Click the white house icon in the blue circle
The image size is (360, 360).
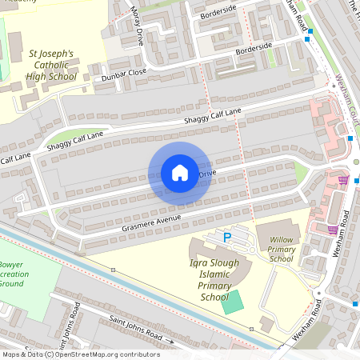[x=179, y=173]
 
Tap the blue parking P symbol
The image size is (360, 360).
[x=226, y=237]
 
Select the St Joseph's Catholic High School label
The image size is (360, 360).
[x=52, y=66]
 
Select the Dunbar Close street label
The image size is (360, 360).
[x=124, y=74]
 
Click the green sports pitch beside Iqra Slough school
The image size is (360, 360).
[x=231, y=302]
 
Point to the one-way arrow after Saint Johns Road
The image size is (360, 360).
[x=170, y=342]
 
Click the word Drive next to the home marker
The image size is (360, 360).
[x=207, y=173]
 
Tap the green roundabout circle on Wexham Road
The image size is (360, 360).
[x=356, y=162]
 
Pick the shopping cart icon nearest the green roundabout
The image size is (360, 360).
[x=343, y=179]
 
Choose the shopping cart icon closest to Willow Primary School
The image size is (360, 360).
[x=332, y=230]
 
